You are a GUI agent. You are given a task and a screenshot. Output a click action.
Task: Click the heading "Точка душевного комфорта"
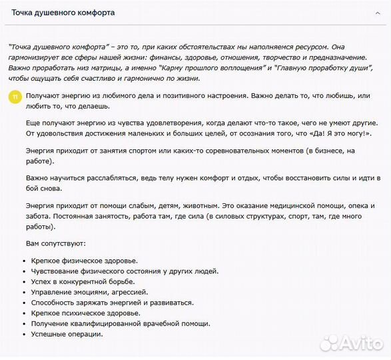(63, 13)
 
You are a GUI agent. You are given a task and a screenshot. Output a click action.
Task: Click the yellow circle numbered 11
(15, 97)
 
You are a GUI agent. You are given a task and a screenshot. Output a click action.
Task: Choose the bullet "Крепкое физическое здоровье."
(83, 261)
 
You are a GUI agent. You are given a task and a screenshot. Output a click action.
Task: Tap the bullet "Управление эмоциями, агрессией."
(89, 292)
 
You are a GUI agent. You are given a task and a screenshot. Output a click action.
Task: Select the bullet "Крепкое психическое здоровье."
(85, 313)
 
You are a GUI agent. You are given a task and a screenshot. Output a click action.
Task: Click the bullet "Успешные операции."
(67, 333)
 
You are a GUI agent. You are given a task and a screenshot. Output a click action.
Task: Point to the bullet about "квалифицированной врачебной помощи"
(120, 323)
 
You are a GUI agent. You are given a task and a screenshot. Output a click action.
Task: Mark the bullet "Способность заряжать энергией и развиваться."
(112, 302)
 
